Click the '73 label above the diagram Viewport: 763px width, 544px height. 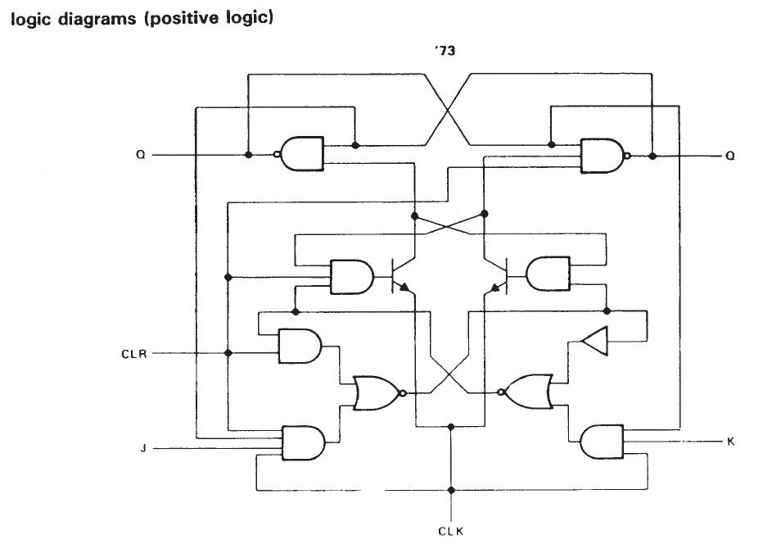(445, 52)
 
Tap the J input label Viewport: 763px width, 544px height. (142, 448)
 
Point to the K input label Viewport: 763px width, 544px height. (730, 442)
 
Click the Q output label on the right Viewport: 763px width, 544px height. (730, 155)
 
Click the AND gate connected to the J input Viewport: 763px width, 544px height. (302, 443)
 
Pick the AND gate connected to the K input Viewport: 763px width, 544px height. (600, 442)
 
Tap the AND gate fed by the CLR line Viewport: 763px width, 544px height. (300, 347)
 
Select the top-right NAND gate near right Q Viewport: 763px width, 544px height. (602, 155)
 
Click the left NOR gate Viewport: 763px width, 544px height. (375, 393)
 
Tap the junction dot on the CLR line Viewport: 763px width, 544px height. (228, 353)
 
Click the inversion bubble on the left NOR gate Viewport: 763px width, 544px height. (402, 393)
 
